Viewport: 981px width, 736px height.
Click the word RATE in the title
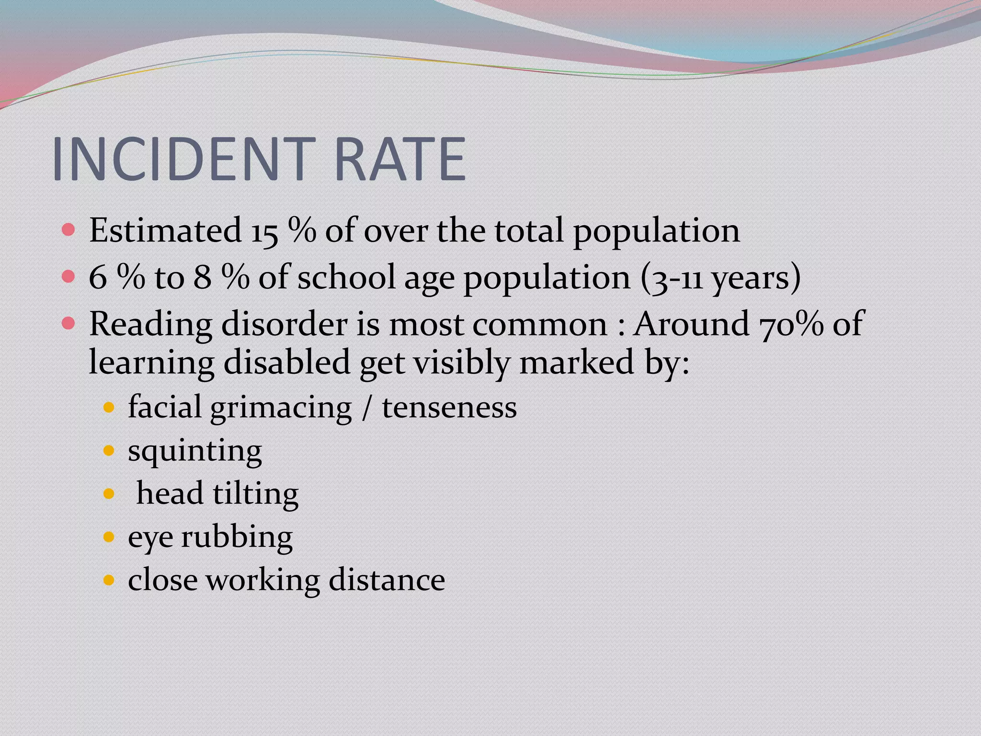coord(399,159)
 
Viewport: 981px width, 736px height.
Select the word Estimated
coord(165,230)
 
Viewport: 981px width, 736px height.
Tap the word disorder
coord(285,324)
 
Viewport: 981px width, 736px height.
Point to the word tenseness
coord(449,408)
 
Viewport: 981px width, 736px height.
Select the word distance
coord(387,580)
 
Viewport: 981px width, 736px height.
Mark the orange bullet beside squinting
coord(109,451)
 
